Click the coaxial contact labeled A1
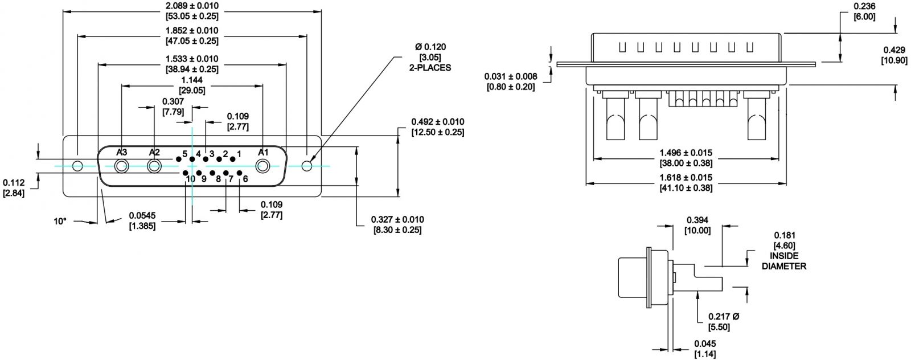tap(262, 166)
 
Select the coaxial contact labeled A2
tap(154, 166)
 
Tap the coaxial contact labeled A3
tap(121, 166)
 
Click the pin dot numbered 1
tap(233, 159)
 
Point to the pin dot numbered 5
tap(178, 159)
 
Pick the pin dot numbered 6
tap(240, 173)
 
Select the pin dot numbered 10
tap(185, 173)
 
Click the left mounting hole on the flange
tap(77, 166)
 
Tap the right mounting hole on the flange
tap(307, 166)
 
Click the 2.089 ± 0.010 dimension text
tap(192, 6)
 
